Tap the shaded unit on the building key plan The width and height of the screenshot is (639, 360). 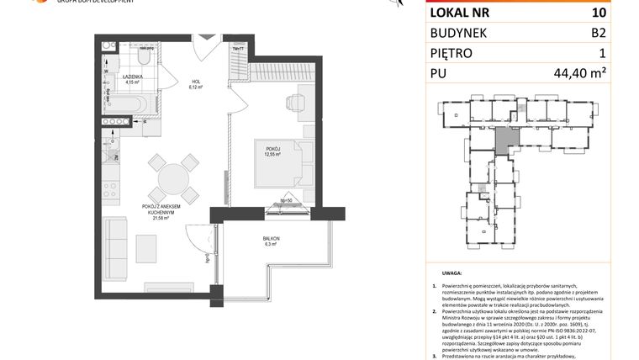pos(502,140)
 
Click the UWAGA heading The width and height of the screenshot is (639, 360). pos(451,274)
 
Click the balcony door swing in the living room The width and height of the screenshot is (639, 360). pos(198,241)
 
